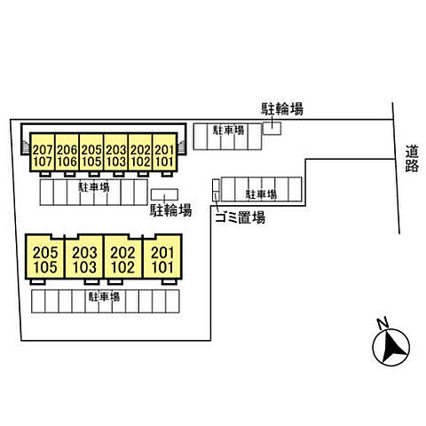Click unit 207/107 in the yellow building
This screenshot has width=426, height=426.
(x=43, y=152)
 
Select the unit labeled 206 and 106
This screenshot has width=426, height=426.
(x=67, y=152)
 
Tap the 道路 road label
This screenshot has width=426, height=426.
(x=412, y=159)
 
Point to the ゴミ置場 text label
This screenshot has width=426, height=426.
(x=240, y=217)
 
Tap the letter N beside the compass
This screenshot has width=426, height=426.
(x=383, y=322)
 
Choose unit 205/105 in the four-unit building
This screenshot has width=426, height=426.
(x=45, y=256)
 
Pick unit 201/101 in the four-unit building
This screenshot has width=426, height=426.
(x=162, y=256)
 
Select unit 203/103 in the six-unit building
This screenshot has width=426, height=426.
(x=116, y=152)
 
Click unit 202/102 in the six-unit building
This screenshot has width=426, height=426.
(x=140, y=152)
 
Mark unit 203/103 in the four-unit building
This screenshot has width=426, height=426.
(x=84, y=256)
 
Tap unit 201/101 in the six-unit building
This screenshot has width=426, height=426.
(x=164, y=152)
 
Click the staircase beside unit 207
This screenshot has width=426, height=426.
(x=26, y=147)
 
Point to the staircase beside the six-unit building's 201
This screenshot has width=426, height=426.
(x=181, y=147)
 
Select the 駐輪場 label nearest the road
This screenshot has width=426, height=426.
(x=282, y=109)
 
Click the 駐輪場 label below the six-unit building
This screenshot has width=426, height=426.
(x=171, y=210)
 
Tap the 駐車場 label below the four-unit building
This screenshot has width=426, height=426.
(x=104, y=296)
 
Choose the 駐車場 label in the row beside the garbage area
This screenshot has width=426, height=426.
(x=261, y=194)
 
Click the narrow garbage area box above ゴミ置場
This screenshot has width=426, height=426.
(x=217, y=190)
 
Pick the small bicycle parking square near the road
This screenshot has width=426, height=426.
(x=272, y=129)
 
